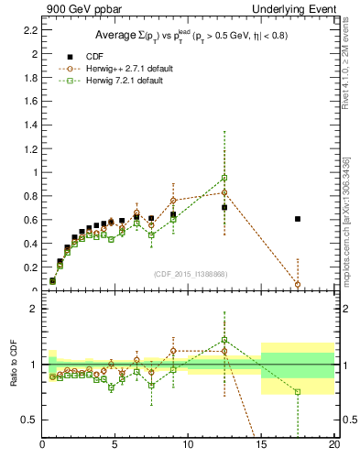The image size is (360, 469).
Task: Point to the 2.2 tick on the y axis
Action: (29, 30)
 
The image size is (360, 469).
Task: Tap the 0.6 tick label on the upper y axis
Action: (29, 220)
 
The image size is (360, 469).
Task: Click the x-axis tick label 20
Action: (334, 446)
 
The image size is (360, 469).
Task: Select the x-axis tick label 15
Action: (261, 446)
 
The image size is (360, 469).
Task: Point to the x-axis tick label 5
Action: (115, 446)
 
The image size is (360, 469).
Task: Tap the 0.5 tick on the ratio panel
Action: (29, 420)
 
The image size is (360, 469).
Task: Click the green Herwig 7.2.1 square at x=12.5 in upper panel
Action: (224, 178)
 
